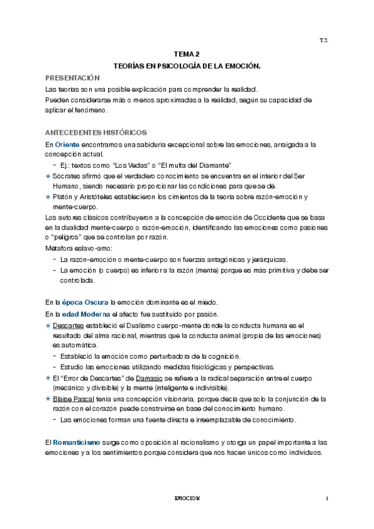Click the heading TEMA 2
pos(187,54)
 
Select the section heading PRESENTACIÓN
pos(72,77)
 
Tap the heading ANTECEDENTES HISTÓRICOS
pos(96,132)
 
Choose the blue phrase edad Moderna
pos(85,314)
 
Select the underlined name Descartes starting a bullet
pos(68,326)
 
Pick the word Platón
pos(64,197)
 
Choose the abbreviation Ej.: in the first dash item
pos(68,165)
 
